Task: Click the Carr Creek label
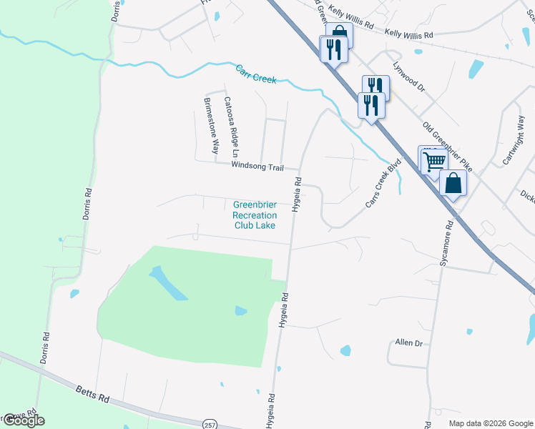256,74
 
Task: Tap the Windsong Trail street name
257,167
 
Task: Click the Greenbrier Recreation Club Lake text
254,214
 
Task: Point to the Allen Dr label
409,343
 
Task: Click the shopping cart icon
433,162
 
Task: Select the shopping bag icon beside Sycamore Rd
453,183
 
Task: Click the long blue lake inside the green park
168,284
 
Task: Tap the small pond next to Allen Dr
345,350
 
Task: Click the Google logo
23,420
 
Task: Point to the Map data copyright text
491,423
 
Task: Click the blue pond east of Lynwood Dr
476,69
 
